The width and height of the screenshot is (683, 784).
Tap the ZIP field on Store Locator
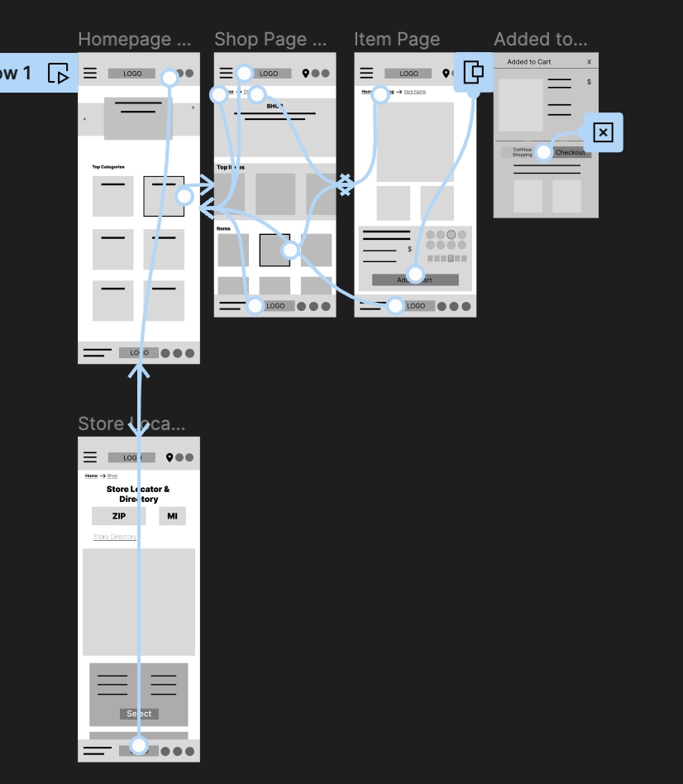(x=119, y=516)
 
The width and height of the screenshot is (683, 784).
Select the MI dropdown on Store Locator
(x=172, y=516)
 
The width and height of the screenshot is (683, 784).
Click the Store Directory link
(x=115, y=537)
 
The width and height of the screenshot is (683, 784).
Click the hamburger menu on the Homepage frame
(x=90, y=74)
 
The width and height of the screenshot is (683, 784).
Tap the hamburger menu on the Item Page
(x=366, y=74)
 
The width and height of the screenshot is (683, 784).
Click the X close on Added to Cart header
(x=589, y=62)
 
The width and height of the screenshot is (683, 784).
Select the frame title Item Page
(x=397, y=39)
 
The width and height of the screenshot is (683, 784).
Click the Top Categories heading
(x=108, y=167)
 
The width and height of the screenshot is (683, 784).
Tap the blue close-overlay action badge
(x=603, y=132)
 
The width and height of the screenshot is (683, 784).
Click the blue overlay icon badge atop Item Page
(x=474, y=72)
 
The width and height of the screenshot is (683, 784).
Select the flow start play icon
(x=58, y=74)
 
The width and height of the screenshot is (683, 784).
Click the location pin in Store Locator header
(x=170, y=457)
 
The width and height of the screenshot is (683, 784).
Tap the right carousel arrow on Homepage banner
(x=193, y=108)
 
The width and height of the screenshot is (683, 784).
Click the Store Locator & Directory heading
(x=138, y=494)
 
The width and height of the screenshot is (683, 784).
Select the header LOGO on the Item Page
(x=408, y=74)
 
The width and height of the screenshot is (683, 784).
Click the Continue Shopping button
(x=523, y=152)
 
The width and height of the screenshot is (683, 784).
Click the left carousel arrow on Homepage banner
(x=84, y=119)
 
